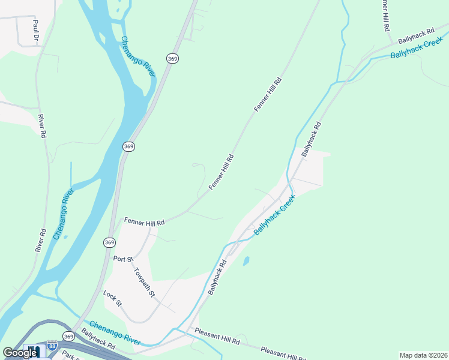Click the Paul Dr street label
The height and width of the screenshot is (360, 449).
pyautogui.click(x=36, y=30)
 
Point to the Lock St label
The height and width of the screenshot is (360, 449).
pyautogui.click(x=112, y=298)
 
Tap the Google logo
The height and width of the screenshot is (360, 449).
pyautogui.click(x=20, y=353)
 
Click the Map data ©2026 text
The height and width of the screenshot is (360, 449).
pyautogui.click(x=423, y=355)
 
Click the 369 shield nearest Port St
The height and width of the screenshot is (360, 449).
pyautogui.click(x=109, y=242)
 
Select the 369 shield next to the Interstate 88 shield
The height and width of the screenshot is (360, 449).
pyautogui.click(x=69, y=336)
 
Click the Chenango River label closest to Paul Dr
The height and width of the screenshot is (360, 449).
pyautogui.click(x=138, y=57)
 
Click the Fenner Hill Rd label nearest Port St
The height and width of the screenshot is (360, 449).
pyautogui.click(x=144, y=222)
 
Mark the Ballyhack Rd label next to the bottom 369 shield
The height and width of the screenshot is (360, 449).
pyautogui.click(x=98, y=340)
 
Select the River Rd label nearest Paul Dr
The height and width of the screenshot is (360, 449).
pyautogui.click(x=41, y=127)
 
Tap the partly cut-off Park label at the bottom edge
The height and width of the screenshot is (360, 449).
pyautogui.click(x=70, y=355)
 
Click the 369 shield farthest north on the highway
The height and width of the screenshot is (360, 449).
pyautogui.click(x=173, y=58)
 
